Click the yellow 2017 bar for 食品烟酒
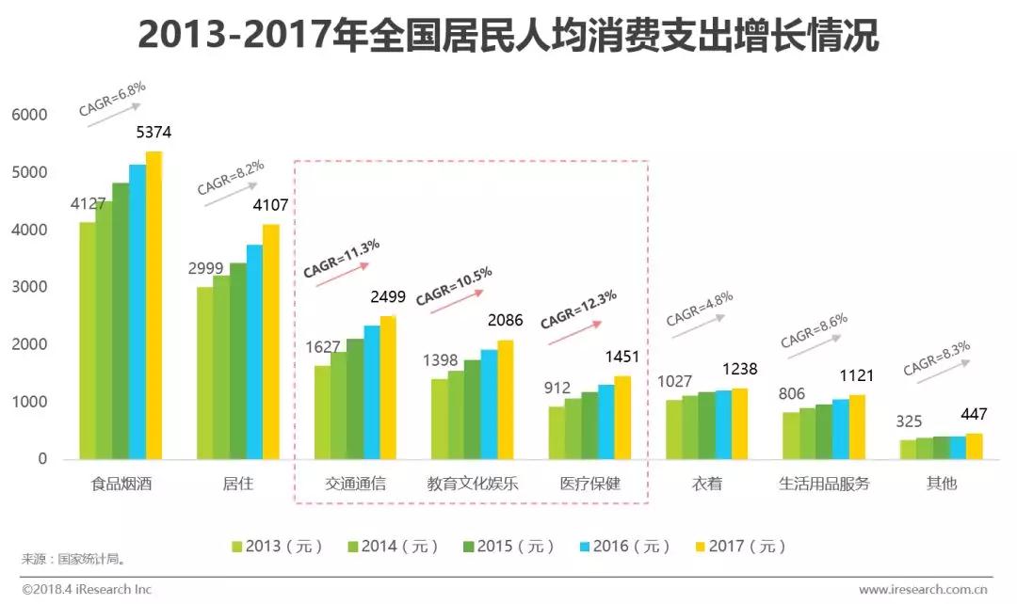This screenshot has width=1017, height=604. click(x=153, y=306)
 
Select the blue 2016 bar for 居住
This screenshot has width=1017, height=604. click(x=254, y=352)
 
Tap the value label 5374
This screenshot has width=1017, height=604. click(x=153, y=133)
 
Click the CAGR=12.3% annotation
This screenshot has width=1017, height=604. click(x=578, y=309)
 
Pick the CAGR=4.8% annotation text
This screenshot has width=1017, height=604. click(x=699, y=309)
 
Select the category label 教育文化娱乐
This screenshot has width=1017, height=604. click(x=472, y=485)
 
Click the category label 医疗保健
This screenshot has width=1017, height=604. click(x=590, y=485)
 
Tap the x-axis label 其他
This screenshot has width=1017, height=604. click(x=941, y=485)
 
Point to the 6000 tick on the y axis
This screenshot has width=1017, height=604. click(x=29, y=115)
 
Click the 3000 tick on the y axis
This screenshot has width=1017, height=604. click(x=29, y=287)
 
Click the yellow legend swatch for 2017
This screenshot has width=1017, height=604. click(x=700, y=546)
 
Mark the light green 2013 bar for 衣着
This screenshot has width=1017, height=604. click(x=673, y=430)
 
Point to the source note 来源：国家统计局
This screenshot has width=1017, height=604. click(x=74, y=559)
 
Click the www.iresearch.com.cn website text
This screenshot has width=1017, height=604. click(x=923, y=591)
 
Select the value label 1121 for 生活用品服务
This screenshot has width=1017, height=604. click(x=856, y=375)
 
